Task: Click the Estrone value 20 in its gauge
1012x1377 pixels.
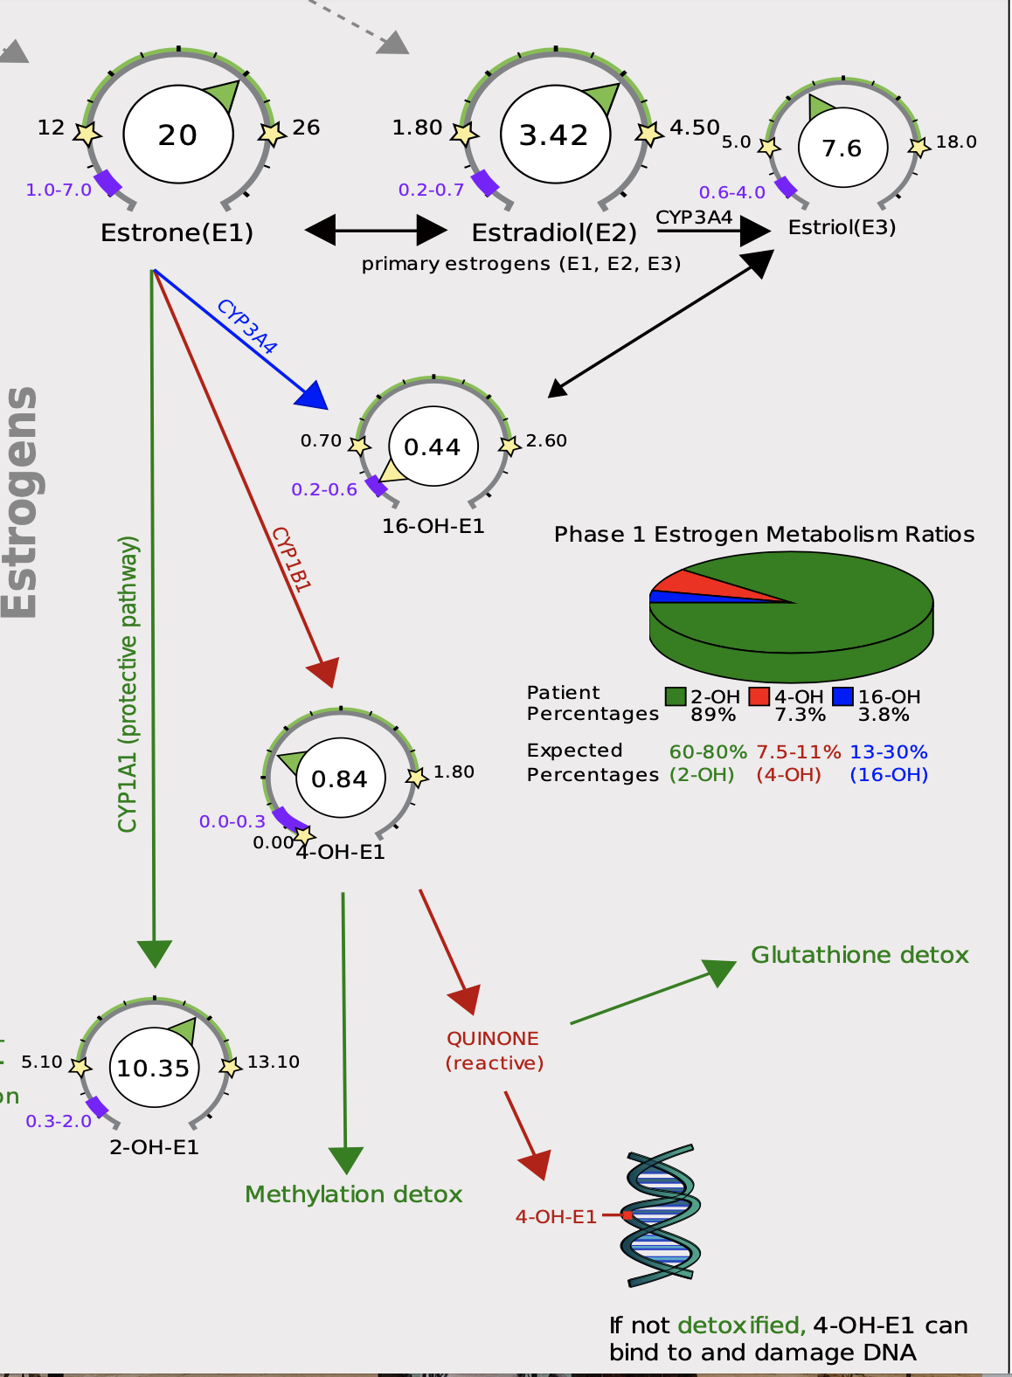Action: [x=177, y=135]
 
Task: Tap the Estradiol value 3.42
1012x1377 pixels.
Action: [x=554, y=135]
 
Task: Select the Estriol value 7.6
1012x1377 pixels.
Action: [x=842, y=149]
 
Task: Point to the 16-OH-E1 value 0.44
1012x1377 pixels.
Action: [x=433, y=446]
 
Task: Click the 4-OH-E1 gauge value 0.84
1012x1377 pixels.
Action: [x=339, y=778]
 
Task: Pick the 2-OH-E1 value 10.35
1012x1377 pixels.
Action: [x=153, y=1068]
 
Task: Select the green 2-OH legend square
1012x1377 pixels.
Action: [x=676, y=696]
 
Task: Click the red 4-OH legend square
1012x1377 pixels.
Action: [x=759, y=696]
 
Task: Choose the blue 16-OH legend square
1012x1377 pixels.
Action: [x=843, y=696]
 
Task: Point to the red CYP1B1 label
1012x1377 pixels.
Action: [x=291, y=558]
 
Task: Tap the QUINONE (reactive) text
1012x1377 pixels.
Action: [x=495, y=1050]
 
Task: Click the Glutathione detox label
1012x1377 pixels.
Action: [x=860, y=955]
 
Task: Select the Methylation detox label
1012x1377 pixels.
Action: [x=354, y=1194]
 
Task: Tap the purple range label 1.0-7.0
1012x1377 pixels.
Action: [x=59, y=190]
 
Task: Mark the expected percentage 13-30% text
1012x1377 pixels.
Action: [x=889, y=751]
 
